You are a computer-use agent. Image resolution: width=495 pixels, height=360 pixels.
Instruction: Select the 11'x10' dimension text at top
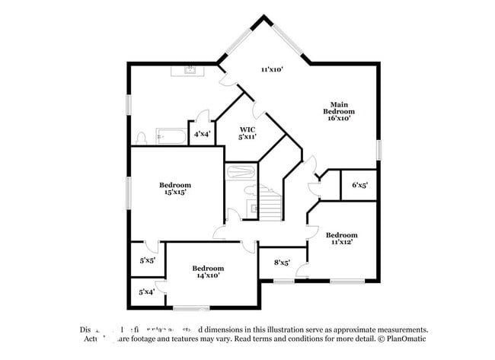(272, 69)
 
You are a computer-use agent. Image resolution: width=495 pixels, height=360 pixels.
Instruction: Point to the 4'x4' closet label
(202, 134)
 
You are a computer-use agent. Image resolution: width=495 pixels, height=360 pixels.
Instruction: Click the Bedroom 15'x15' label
(174, 189)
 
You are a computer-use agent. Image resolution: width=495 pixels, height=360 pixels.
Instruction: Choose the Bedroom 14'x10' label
(207, 272)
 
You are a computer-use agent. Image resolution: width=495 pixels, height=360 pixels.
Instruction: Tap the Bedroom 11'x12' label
(341, 239)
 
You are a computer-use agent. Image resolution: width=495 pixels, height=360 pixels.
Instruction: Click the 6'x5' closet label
(359, 185)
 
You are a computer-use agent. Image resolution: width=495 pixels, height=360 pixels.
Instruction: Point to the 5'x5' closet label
(147, 260)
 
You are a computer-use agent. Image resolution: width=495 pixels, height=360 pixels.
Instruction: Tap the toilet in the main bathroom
(141, 138)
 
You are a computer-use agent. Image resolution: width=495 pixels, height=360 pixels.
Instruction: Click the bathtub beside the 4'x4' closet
(171, 136)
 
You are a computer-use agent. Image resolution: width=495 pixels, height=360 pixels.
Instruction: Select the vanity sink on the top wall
(187, 72)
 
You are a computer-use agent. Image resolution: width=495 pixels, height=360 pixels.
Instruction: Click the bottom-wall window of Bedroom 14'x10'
(191, 307)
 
